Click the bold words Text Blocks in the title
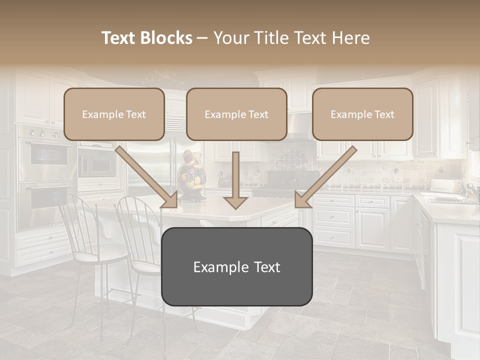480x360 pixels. tap(147, 38)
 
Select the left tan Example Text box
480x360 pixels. tap(114, 114)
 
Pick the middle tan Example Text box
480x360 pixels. tap(236, 114)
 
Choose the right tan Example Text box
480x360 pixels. tap(362, 114)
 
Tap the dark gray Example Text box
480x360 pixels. tap(236, 266)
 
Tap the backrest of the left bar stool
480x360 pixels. tap(75, 220)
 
